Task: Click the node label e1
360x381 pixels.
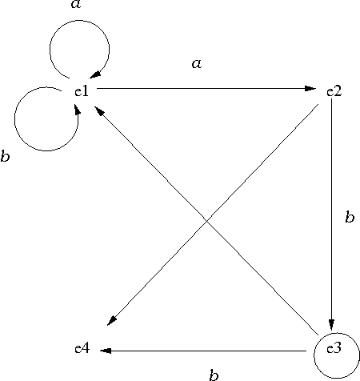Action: click(82, 91)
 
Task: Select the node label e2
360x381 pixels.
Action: click(334, 91)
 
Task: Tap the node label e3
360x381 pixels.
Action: click(334, 348)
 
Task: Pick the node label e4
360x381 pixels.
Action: click(82, 348)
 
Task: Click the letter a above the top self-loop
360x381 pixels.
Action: click(76, 4)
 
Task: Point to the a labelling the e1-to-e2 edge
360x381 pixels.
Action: click(197, 64)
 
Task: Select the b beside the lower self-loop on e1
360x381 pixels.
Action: click(5, 156)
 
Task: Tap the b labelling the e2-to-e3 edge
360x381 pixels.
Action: click(350, 216)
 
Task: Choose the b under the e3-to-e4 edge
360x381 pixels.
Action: click(214, 375)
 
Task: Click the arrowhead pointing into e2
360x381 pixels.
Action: click(310, 88)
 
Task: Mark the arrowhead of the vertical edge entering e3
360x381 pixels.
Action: click(331, 325)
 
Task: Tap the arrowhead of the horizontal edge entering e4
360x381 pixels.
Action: click(106, 351)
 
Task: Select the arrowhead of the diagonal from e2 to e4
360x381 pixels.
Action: click(112, 321)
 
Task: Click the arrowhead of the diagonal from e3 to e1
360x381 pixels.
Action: click(99, 110)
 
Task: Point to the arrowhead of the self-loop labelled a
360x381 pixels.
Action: click(95, 74)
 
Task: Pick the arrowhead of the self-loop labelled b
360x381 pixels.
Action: click(78, 109)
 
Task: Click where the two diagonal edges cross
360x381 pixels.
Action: click(206, 220)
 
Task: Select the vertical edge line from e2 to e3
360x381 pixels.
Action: click(331, 215)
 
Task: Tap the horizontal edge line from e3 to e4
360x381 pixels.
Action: click(203, 351)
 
